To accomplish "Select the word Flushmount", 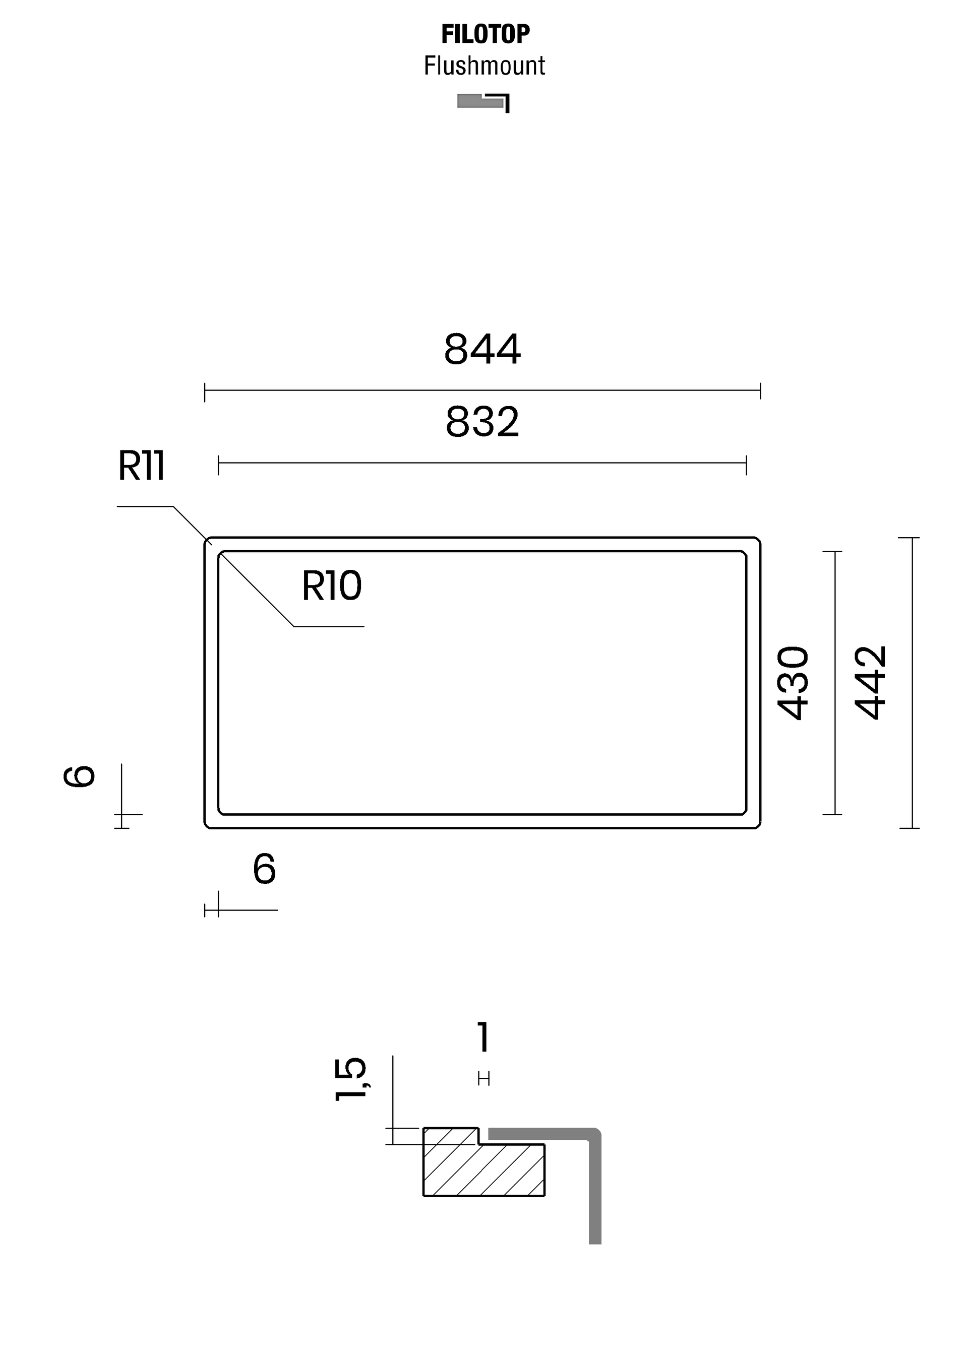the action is (x=485, y=66).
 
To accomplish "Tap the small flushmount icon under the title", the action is (x=483, y=102).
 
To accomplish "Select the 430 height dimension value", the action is (x=793, y=683).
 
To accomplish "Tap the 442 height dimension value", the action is (x=871, y=683).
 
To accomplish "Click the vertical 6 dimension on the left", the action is (x=79, y=776).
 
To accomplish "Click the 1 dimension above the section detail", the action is (x=483, y=1037).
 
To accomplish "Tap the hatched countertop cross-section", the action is (x=483, y=1168).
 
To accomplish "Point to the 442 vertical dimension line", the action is (x=912, y=683).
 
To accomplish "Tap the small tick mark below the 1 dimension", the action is (x=483, y=1078).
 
